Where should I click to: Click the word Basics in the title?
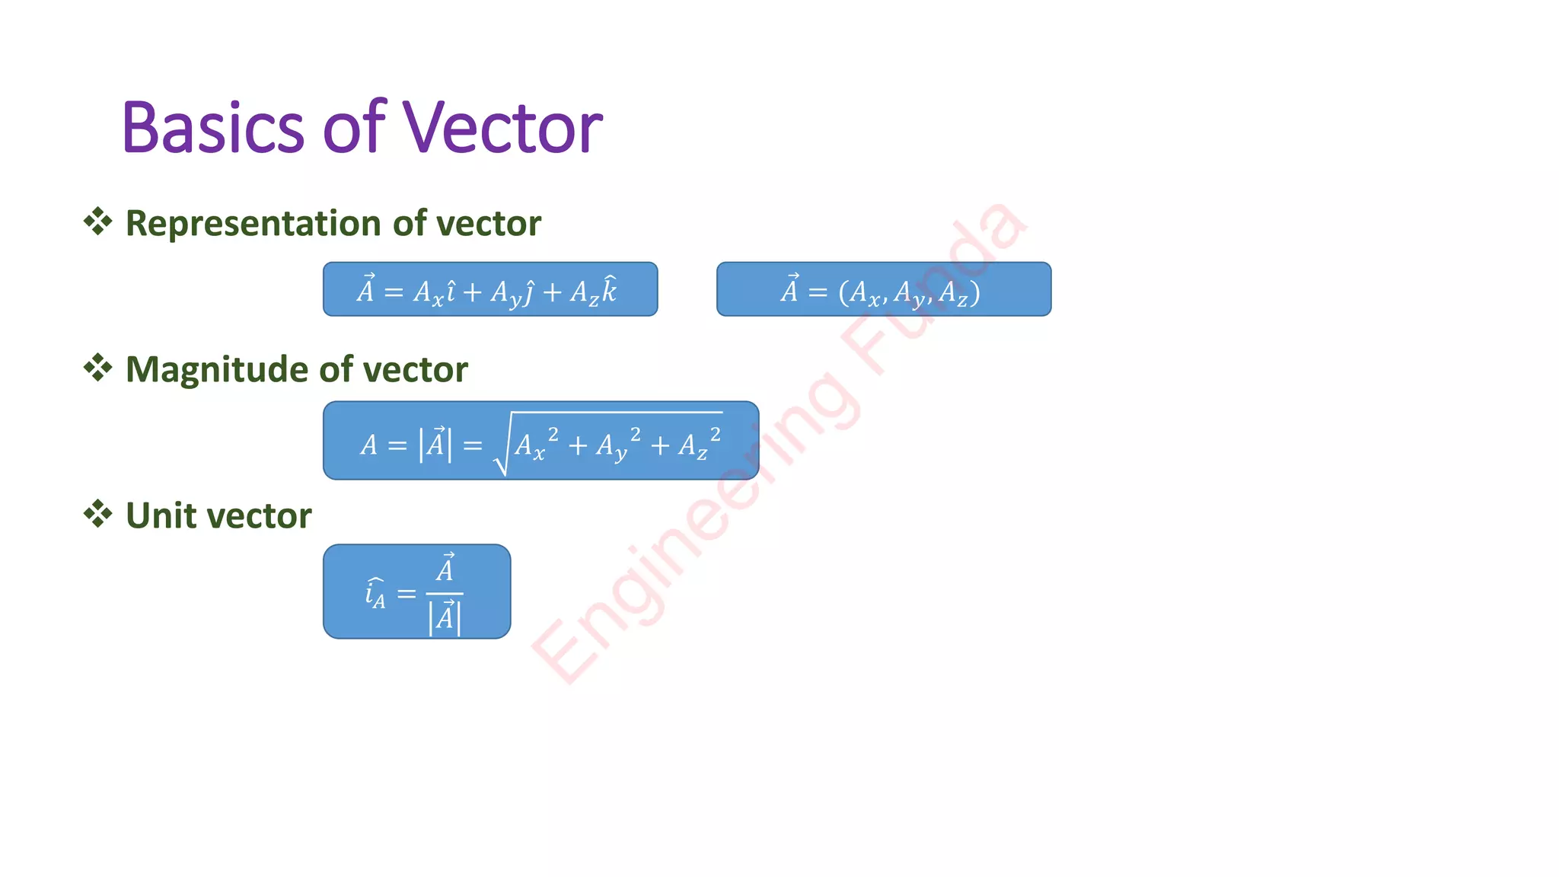[212, 128]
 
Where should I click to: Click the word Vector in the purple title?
[502, 128]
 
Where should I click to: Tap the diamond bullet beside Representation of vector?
[97, 222]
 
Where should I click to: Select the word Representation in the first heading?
[254, 224]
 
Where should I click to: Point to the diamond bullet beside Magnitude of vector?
[97, 368]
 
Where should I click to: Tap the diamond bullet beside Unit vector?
[97, 514]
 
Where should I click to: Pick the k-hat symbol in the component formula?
[608, 290]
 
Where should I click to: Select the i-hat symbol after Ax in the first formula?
[451, 291]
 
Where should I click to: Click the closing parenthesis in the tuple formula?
[975, 292]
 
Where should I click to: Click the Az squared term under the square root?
[699, 445]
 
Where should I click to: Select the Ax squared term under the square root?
[536, 445]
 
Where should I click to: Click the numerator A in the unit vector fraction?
[445, 569]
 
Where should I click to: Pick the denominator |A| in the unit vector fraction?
[445, 617]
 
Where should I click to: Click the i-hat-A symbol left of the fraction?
[375, 593]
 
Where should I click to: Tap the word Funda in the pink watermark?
[936, 289]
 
